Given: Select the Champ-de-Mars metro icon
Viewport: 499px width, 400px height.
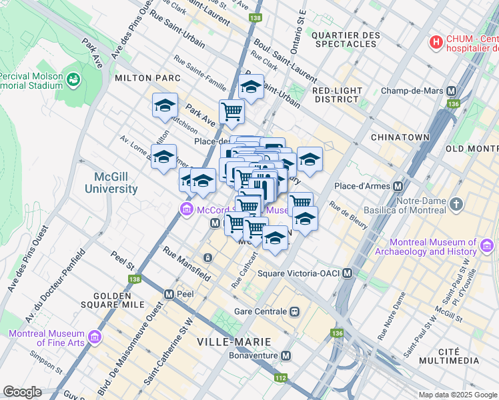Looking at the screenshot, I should (452, 91).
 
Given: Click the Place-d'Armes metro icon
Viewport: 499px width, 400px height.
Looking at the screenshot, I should (398, 186).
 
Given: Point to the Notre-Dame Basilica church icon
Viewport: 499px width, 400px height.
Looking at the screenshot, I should (456, 204).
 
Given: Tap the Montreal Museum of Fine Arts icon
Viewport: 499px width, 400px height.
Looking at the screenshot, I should (95, 338).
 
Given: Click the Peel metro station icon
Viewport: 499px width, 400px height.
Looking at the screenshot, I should (169, 293).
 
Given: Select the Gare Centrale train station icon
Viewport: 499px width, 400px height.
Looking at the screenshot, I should (294, 311).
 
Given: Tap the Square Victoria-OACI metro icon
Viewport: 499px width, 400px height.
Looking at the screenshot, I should (347, 273).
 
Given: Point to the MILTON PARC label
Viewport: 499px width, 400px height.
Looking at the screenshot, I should (147, 78).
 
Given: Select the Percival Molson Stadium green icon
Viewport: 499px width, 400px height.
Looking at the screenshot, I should (73, 80).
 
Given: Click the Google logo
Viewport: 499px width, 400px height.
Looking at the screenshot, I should (22, 391).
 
